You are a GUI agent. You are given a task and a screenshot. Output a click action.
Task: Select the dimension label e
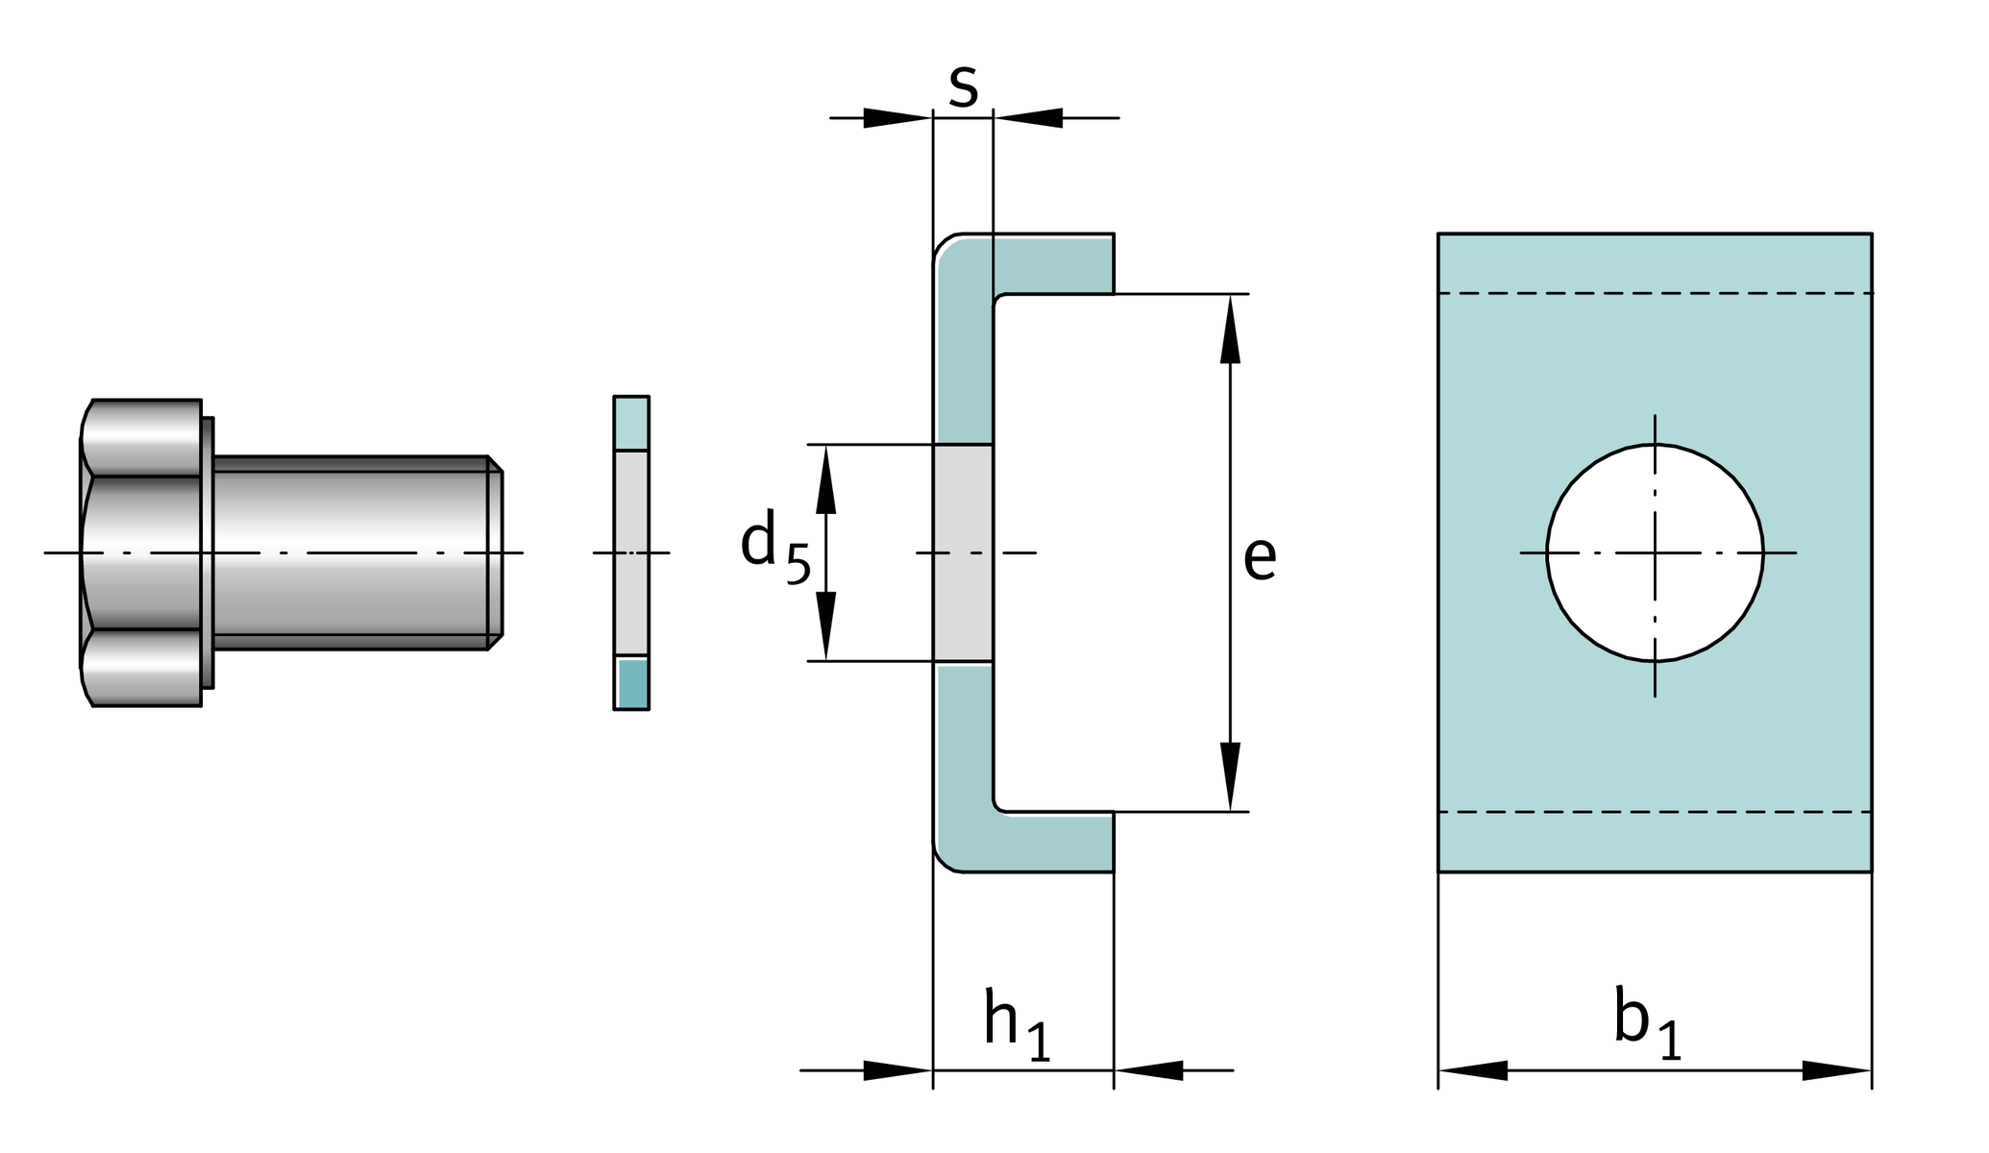(x=1259, y=557)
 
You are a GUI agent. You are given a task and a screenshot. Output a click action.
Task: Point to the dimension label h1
(x=1016, y=1024)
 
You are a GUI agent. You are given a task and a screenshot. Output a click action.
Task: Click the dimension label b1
(x=1646, y=1022)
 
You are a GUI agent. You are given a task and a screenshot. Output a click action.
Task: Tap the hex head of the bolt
(x=142, y=552)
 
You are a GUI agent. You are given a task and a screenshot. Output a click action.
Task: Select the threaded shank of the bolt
(x=350, y=552)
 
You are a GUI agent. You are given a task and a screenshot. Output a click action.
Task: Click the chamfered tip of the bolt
(x=495, y=552)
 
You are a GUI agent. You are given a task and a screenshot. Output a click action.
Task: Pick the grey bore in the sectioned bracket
(x=963, y=552)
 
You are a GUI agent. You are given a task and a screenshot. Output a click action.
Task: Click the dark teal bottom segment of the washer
(x=631, y=683)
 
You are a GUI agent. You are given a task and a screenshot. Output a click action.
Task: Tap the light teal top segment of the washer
(x=631, y=422)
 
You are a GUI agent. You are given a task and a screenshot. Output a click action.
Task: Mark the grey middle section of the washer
(x=631, y=552)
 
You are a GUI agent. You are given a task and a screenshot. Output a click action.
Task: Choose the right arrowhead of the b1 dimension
(x=1836, y=1069)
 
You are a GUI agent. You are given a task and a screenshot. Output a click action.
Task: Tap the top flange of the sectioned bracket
(x=1038, y=264)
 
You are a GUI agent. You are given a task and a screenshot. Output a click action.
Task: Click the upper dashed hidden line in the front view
(x=1654, y=293)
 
